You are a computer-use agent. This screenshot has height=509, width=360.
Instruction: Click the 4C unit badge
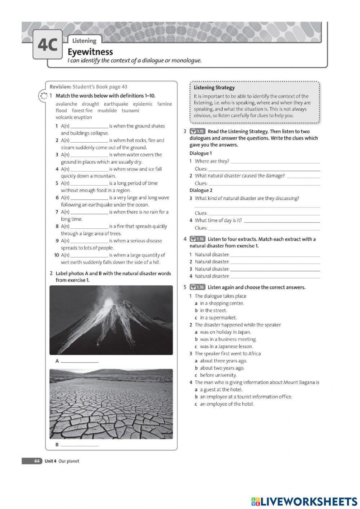[47, 45]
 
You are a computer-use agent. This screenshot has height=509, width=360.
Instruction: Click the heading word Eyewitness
[90, 52]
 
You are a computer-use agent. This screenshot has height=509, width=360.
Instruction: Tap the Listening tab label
[84, 41]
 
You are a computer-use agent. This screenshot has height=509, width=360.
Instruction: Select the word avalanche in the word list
[66, 104]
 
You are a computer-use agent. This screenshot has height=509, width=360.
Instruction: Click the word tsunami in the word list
[130, 111]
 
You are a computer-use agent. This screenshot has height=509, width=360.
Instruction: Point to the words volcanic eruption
[74, 117]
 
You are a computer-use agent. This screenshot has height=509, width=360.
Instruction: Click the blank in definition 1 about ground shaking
[89, 126]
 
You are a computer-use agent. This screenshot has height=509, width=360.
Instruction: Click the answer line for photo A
[80, 361]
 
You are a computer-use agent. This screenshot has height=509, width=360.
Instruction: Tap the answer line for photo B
[80, 445]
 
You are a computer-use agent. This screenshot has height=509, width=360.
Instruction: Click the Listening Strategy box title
[214, 88]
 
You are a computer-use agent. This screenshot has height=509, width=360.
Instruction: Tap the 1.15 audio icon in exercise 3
[197, 131]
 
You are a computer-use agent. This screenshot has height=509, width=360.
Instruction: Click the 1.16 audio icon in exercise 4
[197, 239]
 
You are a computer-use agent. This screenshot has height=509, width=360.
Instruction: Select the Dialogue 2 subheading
[201, 190]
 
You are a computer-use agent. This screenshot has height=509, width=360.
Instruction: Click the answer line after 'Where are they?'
[275, 162]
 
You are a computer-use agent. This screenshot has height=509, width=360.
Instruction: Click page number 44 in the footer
[37, 461]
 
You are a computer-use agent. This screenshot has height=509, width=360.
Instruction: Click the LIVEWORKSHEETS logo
[304, 501]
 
